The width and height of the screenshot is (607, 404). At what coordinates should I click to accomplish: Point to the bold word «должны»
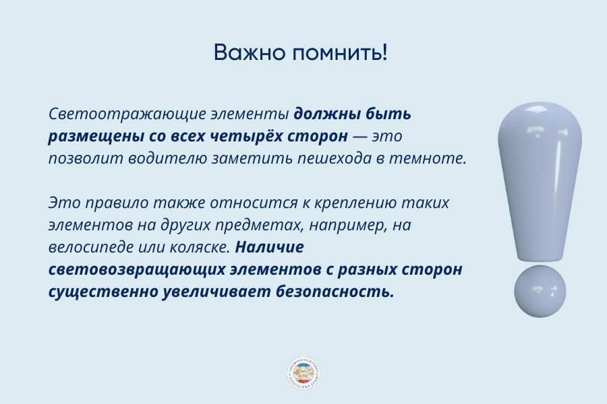(322, 114)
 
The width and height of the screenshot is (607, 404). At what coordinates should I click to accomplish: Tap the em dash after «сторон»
(361, 136)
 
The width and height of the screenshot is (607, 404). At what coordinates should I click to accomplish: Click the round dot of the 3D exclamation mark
(540, 291)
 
